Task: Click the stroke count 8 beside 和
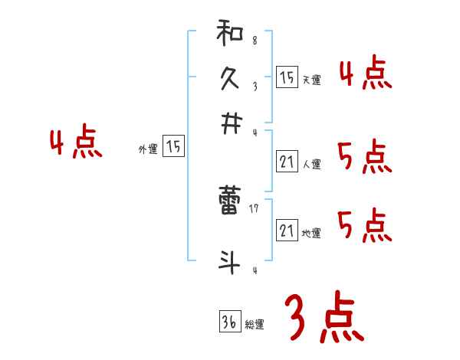(254, 40)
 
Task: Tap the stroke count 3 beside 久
(254, 87)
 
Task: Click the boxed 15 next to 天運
(286, 77)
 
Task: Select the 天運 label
(310, 80)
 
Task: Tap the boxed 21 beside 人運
(286, 161)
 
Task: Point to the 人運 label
(311, 163)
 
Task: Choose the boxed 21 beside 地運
(286, 231)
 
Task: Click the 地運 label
(311, 233)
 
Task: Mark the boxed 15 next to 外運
(174, 147)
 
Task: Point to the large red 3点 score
(324, 317)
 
